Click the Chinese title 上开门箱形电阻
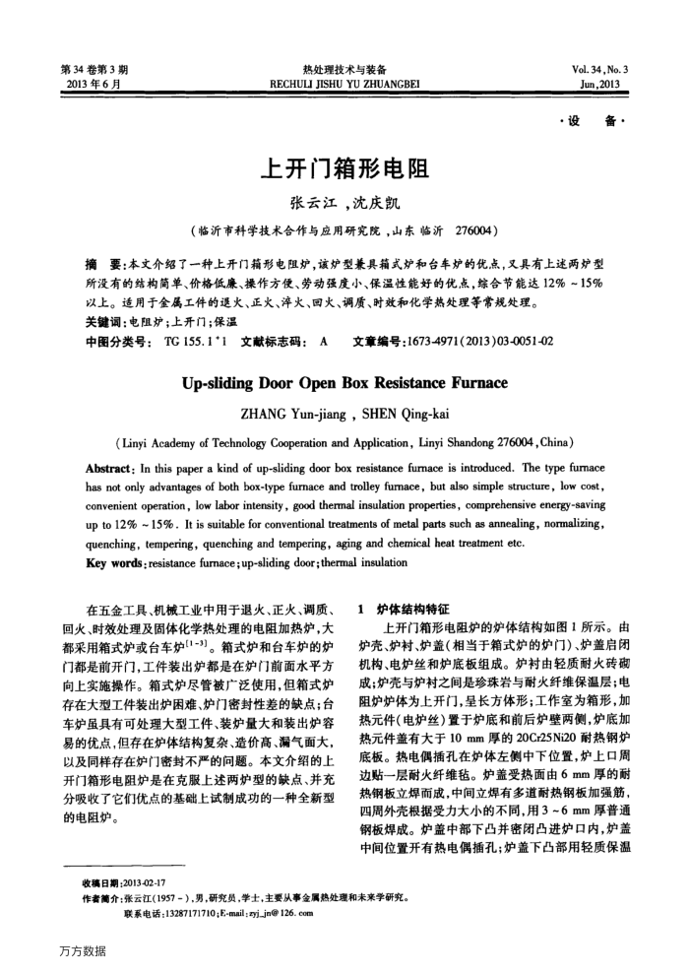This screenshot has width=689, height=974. pyautogui.click(x=344, y=169)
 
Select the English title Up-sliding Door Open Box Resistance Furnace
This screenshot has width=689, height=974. pyautogui.click(x=344, y=382)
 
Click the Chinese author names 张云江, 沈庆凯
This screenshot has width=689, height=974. pyautogui.click(x=344, y=205)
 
